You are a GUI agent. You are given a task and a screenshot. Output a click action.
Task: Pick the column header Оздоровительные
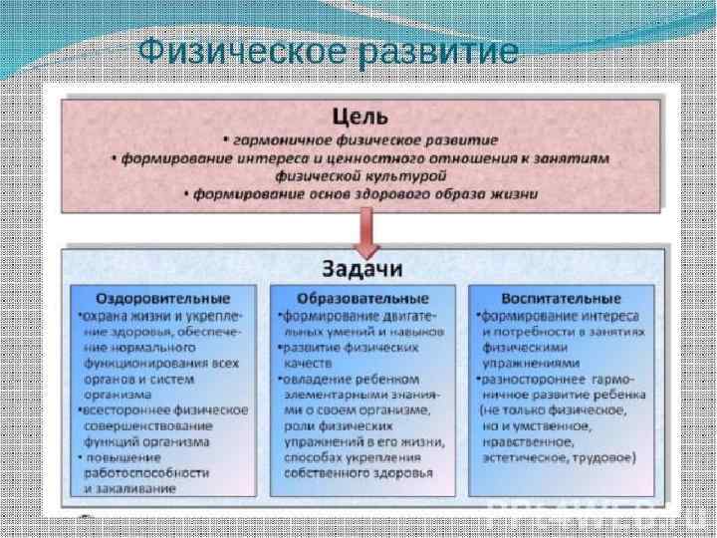tap(162, 298)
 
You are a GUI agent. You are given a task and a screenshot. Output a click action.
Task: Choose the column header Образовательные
tap(363, 298)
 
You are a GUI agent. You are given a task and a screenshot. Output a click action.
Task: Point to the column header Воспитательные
tap(563, 298)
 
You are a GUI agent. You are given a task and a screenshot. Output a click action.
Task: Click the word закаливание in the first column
tap(130, 488)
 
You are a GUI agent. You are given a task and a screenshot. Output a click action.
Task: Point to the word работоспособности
tap(146, 472)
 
